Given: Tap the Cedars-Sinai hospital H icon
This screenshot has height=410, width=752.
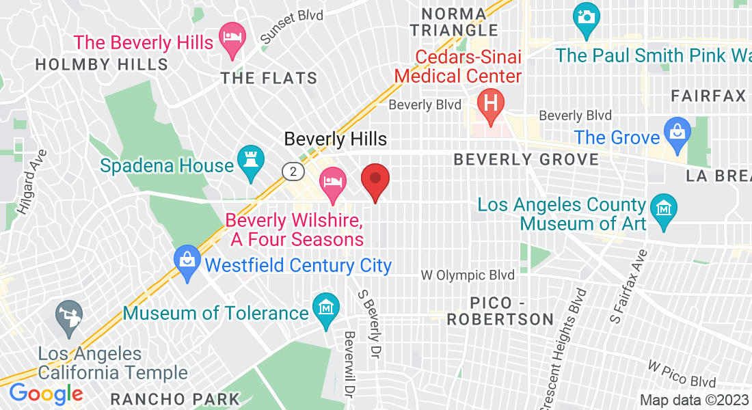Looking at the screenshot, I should click(x=490, y=102).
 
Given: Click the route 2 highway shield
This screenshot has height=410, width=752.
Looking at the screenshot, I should click(x=293, y=171).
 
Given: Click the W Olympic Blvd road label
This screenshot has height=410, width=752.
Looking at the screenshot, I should click(x=468, y=275).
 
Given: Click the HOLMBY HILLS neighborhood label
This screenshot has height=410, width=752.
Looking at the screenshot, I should click(x=101, y=65).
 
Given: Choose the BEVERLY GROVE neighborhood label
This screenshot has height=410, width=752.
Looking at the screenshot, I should click(x=526, y=159).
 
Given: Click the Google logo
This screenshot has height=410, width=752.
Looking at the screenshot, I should click(x=46, y=394).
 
